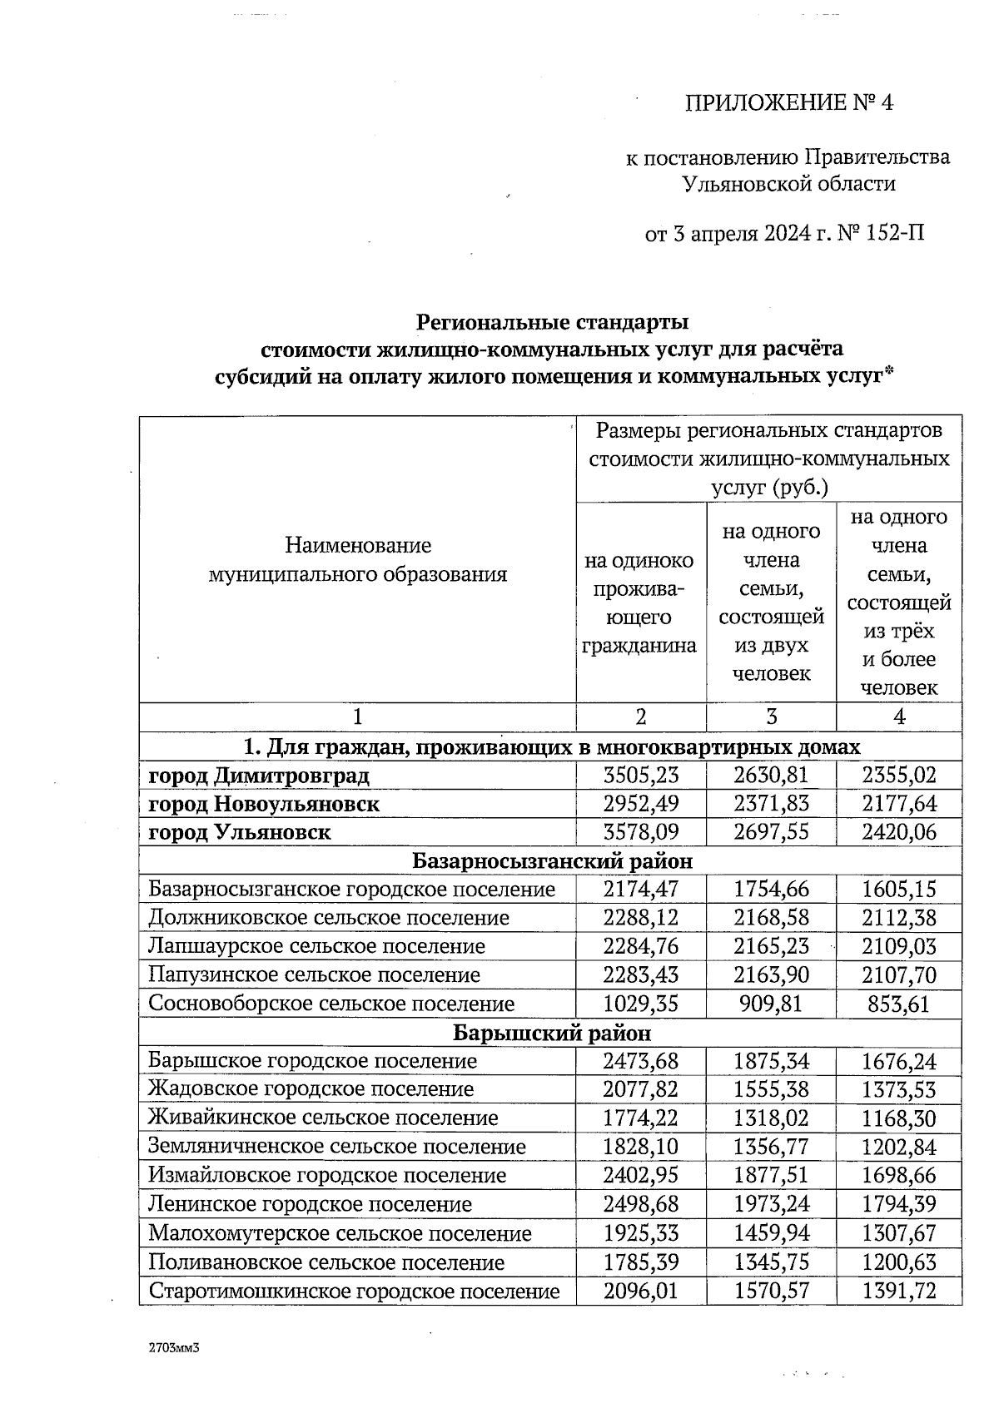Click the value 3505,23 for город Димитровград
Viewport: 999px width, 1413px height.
click(640, 776)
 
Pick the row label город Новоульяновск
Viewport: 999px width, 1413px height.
click(264, 804)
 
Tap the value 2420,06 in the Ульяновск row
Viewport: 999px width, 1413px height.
click(898, 832)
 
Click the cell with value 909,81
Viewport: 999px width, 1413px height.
click(770, 1004)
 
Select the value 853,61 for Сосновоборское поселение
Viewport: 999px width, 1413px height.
click(898, 1004)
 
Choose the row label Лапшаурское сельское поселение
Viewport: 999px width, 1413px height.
click(316, 946)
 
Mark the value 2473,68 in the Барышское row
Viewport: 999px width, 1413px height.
click(640, 1061)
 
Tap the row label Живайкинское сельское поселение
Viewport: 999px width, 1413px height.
click(323, 1118)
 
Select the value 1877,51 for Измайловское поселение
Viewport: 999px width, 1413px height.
click(770, 1175)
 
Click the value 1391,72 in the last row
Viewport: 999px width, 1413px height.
click(898, 1292)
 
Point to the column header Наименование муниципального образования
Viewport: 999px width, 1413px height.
click(358, 560)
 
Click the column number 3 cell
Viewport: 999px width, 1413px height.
click(770, 717)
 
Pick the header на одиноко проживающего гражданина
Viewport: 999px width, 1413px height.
click(640, 602)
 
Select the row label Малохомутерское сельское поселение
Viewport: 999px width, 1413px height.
click(340, 1233)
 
